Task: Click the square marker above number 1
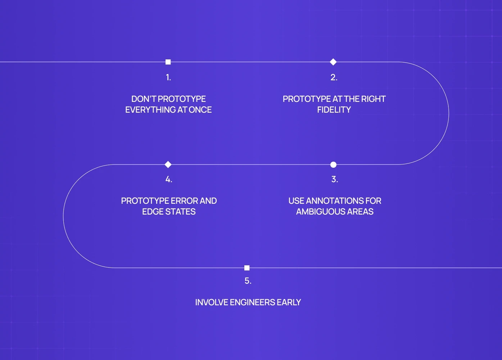point(168,62)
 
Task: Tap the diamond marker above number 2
point(333,62)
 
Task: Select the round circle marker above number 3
point(333,165)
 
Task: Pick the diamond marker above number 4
point(168,165)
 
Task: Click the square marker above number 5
point(247,268)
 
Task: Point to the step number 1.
point(168,77)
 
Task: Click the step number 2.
point(334,77)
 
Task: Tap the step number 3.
point(334,179)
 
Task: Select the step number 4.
point(168,179)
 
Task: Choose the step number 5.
point(248,281)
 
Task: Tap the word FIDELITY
point(334,110)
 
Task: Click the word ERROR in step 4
point(184,201)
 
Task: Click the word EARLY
point(289,302)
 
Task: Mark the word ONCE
point(200,110)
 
